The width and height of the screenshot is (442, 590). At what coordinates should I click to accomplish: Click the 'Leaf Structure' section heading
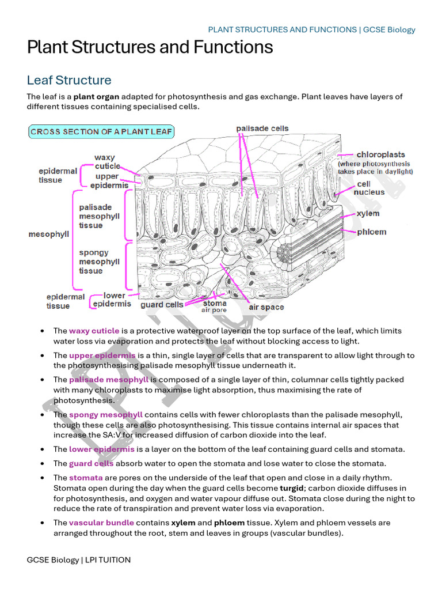coord(69,80)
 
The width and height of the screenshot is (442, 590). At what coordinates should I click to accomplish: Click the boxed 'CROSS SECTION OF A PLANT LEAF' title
coord(101,131)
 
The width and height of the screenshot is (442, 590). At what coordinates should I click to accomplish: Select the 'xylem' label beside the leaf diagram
coord(368,214)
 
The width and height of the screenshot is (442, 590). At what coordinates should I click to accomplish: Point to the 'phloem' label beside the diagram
coord(371,232)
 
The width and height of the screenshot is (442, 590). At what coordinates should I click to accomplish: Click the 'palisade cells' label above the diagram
coord(262,128)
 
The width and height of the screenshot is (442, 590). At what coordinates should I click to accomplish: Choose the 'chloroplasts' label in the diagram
coord(380,154)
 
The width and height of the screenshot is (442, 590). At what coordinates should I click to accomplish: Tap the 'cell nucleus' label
coord(369,188)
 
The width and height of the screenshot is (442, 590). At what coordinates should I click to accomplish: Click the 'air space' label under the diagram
coord(266,307)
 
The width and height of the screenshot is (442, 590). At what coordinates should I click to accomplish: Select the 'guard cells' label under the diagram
coord(162,304)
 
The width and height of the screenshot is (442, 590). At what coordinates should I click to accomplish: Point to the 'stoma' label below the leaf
coord(215,303)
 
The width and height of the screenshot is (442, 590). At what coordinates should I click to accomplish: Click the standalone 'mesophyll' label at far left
coord(49,235)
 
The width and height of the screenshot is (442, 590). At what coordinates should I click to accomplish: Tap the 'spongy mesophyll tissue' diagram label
coord(99,262)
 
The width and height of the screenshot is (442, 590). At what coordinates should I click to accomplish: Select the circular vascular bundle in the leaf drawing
coord(284,252)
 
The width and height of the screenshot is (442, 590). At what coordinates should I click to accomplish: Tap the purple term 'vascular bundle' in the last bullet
coord(101,523)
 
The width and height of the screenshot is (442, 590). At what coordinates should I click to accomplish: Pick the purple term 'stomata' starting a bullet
coord(86,477)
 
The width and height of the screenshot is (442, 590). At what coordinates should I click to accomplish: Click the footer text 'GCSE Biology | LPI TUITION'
coord(79,559)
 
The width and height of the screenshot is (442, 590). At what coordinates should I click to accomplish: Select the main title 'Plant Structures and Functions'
coord(150,47)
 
